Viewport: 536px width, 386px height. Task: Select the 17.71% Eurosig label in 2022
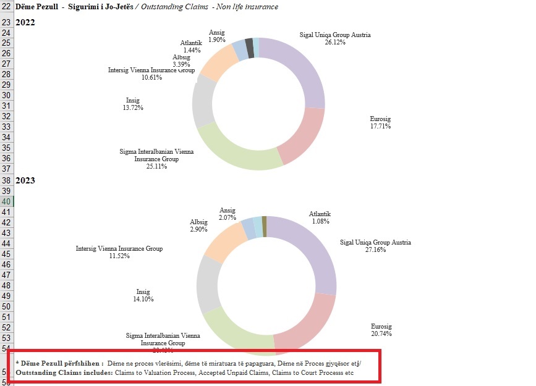[380, 122]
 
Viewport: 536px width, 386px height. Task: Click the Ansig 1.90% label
[216, 36]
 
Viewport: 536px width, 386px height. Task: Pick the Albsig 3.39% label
[182, 61]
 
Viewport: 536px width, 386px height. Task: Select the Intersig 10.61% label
[151, 73]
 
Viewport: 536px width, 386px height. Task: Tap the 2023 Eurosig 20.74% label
[381, 330]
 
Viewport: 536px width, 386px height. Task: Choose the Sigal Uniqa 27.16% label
[375, 246]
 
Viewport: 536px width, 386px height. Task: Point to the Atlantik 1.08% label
[320, 217]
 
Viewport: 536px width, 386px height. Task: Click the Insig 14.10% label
[145, 295]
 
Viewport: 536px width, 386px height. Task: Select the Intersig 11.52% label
[119, 252]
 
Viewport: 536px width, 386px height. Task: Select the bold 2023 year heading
[25, 181]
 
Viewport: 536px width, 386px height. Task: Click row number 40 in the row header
[6, 201]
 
